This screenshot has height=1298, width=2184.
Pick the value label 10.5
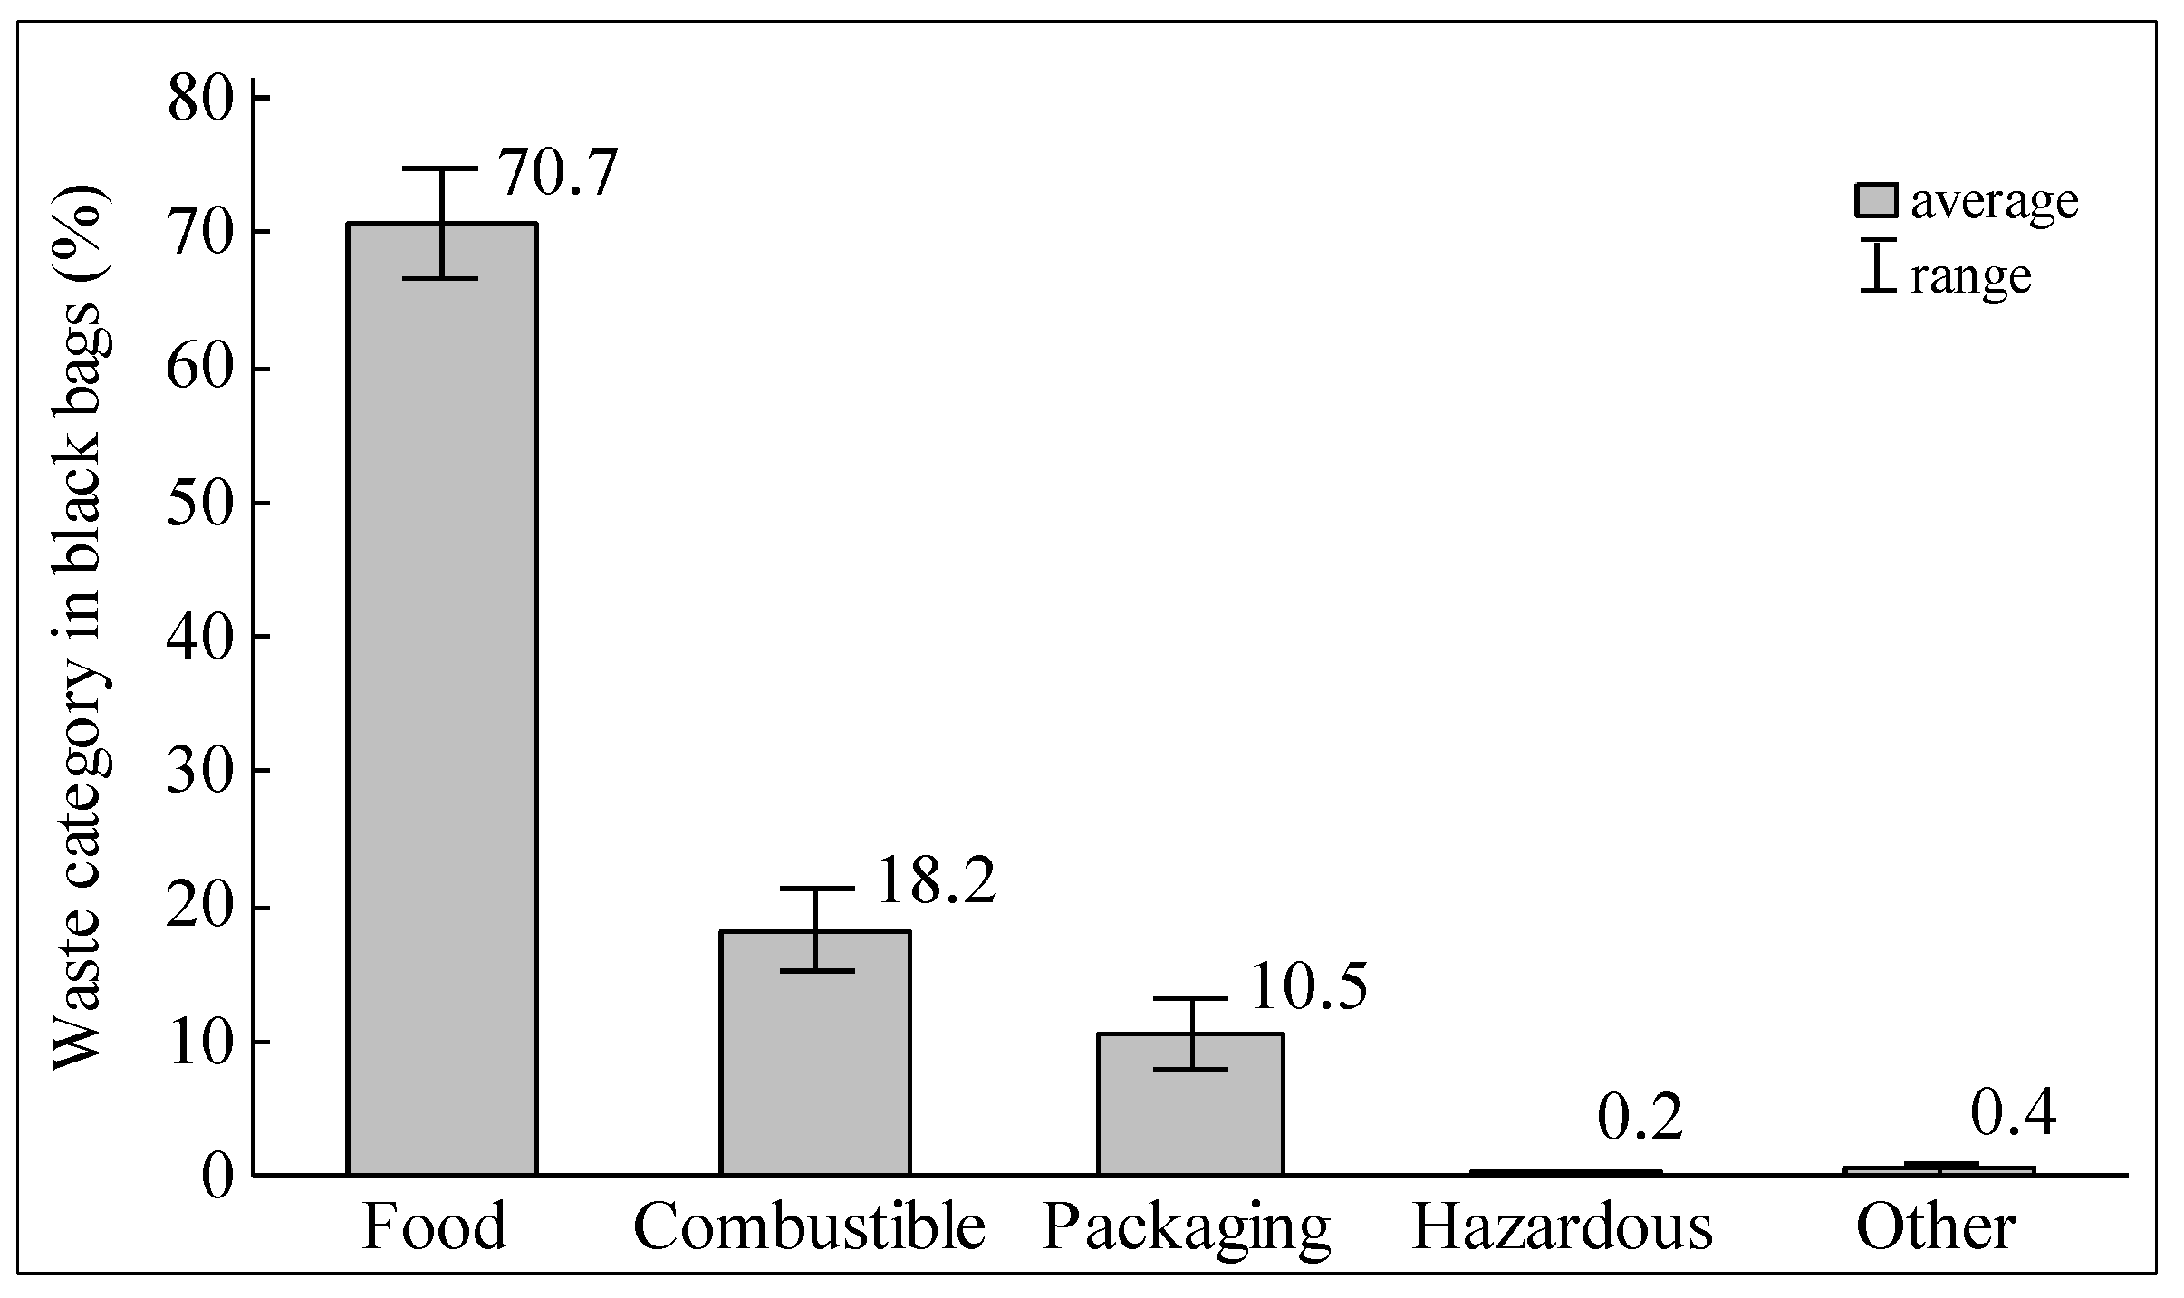tap(1307, 987)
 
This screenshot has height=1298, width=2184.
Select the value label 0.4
tap(2013, 1113)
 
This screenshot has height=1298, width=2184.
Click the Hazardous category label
tap(1562, 1229)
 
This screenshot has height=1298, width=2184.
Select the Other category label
tap(1936, 1229)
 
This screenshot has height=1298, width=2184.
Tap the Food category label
tap(434, 1229)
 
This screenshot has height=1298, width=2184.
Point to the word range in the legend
tap(1971, 276)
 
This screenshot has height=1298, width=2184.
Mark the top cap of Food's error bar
tap(441, 169)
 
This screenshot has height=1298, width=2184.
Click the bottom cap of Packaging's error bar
tap(1190, 1069)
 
